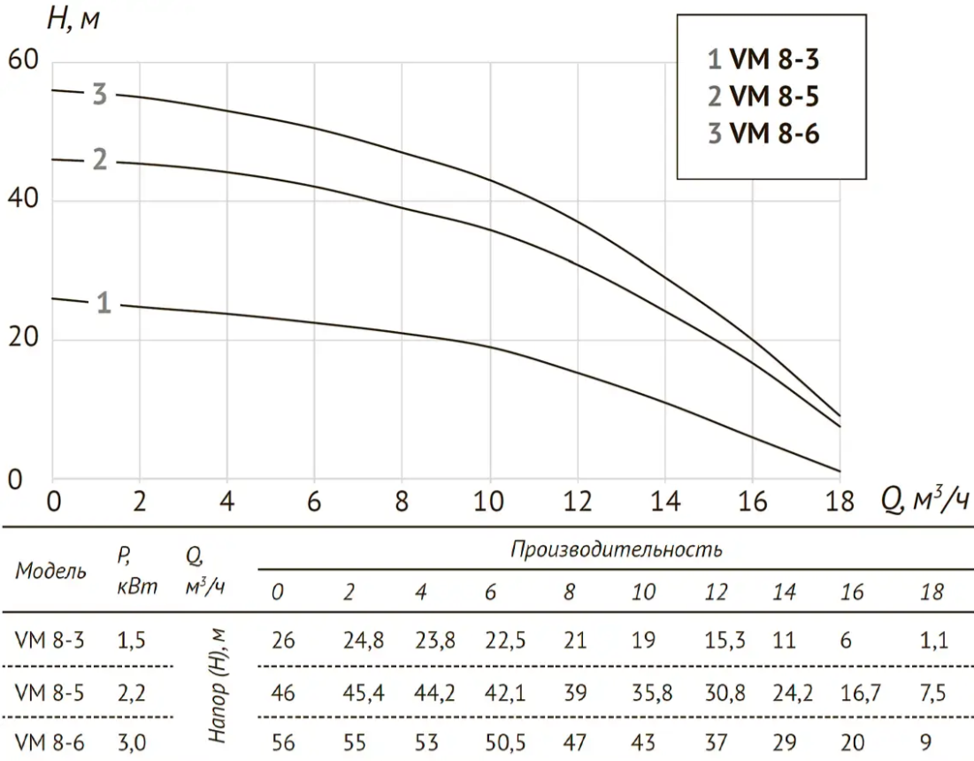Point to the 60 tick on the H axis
coord(24,63)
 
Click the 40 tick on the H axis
coord(24,201)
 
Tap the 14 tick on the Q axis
coord(664,503)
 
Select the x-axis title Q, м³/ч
coord(924,501)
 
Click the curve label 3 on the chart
coord(100,94)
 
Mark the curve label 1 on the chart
coord(104,304)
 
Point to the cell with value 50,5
coord(505,738)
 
